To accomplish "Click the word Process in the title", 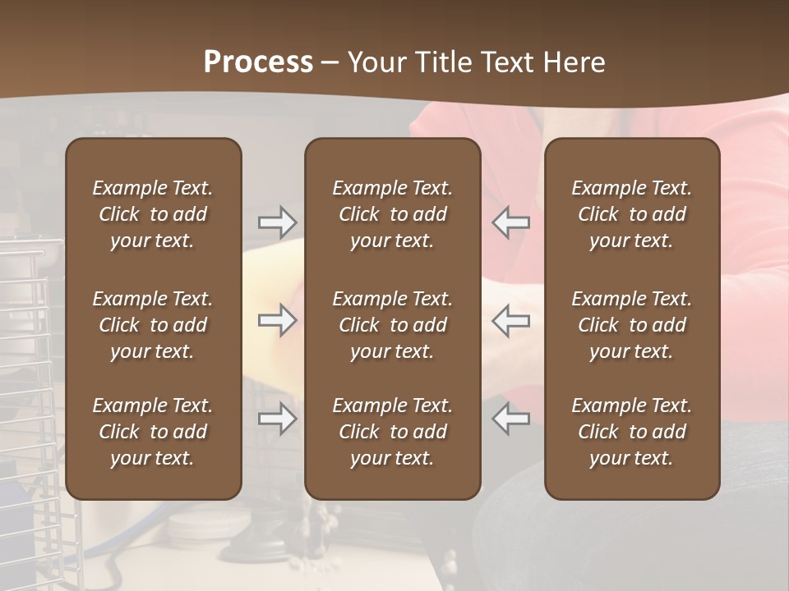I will tap(258, 62).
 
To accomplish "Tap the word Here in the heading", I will tap(575, 62).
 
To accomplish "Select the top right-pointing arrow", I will tap(277, 222).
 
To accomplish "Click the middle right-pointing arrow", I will tap(277, 320).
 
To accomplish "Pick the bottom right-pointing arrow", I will tap(277, 419).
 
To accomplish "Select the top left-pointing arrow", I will tap(511, 222).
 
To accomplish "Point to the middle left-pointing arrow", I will tap(511, 320).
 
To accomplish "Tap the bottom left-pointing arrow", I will tap(511, 419).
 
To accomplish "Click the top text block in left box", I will tap(153, 214).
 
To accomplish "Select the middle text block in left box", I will tap(153, 325).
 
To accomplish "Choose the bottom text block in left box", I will tap(153, 432).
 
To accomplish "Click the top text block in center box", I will tap(392, 214).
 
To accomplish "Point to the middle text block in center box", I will tap(392, 325).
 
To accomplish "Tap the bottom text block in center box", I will tap(392, 432).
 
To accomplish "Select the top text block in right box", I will tap(631, 214).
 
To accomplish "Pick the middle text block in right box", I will tap(631, 325).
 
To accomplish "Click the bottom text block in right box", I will tap(631, 432).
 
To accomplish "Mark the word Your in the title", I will tap(376, 62).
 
